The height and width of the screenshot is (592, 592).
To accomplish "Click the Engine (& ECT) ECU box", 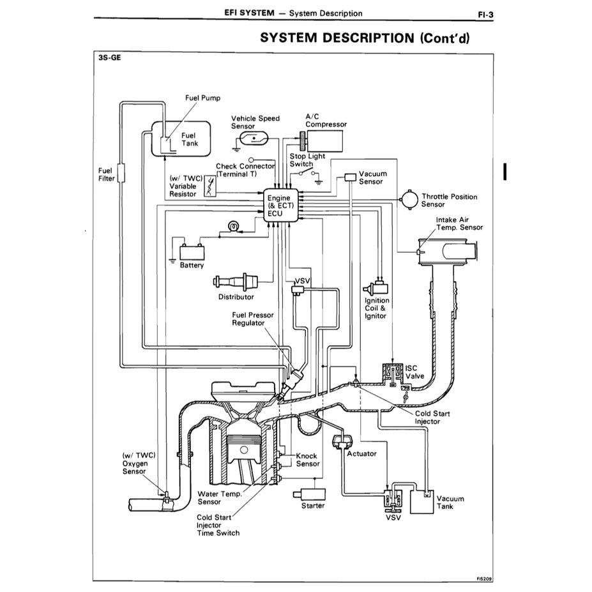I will point(279,206).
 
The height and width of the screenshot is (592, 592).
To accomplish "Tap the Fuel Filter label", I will point(106,174).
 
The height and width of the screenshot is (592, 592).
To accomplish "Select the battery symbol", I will point(191,250).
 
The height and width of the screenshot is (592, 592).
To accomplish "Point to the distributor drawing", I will point(236,281).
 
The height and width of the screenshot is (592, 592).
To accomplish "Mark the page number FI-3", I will point(485,13).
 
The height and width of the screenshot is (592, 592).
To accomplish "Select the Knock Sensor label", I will point(308,460).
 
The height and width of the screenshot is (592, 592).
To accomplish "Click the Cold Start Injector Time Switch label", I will point(218,525).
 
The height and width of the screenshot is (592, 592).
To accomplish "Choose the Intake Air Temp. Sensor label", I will point(459,224).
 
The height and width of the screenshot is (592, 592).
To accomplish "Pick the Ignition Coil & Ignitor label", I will point(376,308).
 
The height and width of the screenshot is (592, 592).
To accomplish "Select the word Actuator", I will point(361,453).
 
